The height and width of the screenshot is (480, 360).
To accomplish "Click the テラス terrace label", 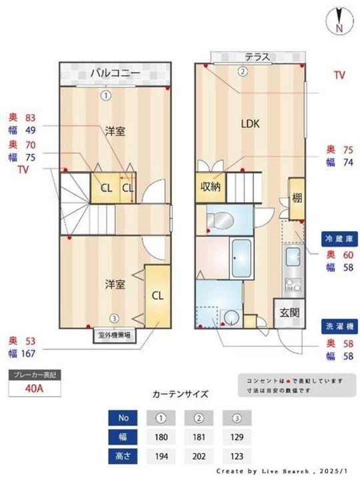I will tap(257, 58).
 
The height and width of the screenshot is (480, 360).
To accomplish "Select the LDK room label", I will tap(250, 123).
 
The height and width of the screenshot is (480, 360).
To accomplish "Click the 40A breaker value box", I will tap(34, 388).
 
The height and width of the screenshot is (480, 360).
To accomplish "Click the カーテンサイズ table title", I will tap(180, 394).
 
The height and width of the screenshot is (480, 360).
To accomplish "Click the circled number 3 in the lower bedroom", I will tap(115, 318).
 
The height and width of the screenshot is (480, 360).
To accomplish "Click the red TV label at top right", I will tap(339, 75).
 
